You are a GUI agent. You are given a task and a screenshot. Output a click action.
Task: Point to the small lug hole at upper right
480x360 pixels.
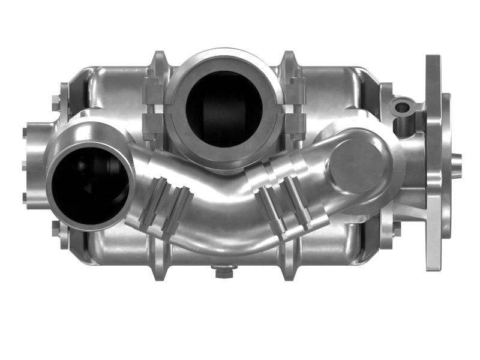[x=402, y=108]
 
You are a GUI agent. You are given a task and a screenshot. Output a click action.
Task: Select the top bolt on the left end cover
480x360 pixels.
[x=25, y=133]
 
